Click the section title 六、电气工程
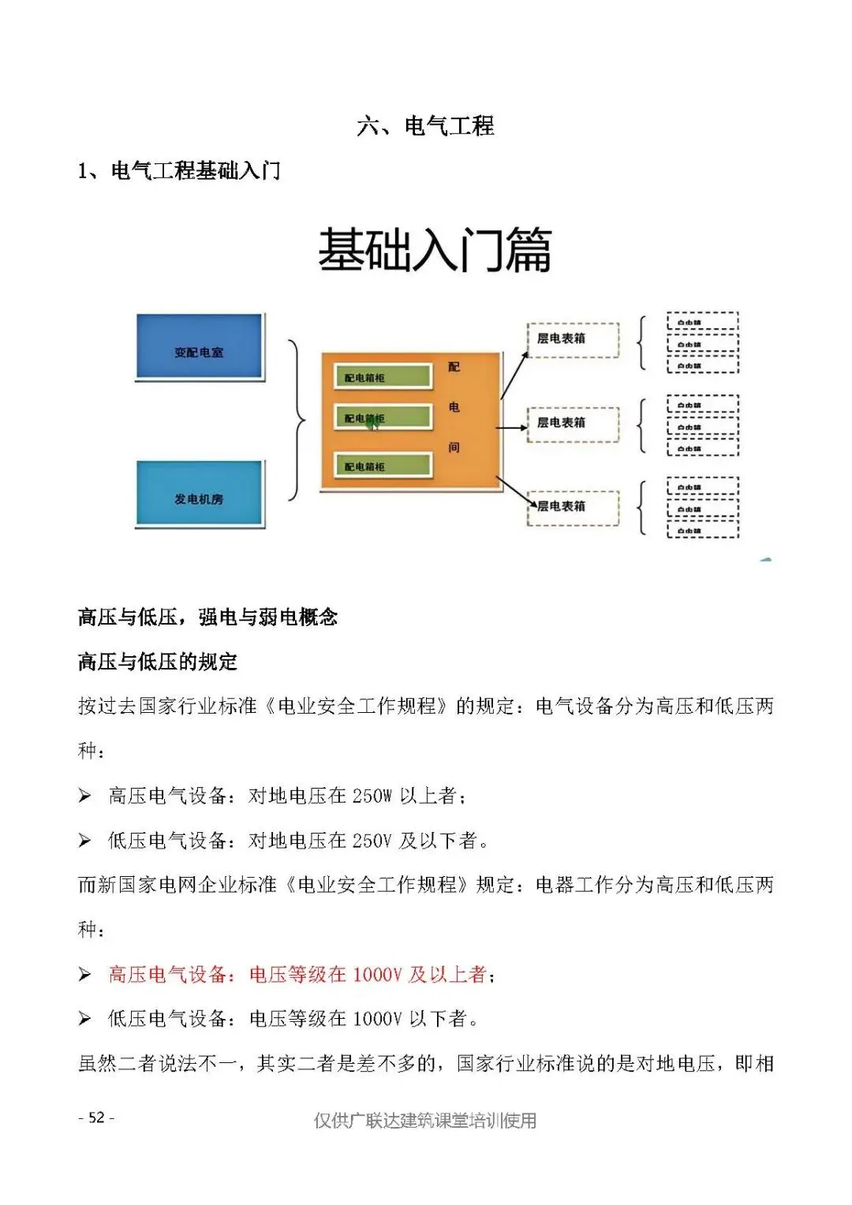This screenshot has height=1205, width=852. click(x=425, y=126)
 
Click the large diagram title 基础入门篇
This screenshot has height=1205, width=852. click(x=434, y=251)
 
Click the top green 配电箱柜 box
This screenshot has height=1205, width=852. click(x=383, y=377)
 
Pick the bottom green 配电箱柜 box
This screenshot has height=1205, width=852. click(x=383, y=465)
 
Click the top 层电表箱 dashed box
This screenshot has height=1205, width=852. click(x=573, y=339)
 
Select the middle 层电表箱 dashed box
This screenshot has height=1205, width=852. click(x=573, y=423)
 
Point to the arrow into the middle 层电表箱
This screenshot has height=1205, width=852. click(x=512, y=427)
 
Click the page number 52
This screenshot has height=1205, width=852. click(x=97, y=1117)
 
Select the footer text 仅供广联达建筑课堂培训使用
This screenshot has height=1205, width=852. click(x=425, y=1121)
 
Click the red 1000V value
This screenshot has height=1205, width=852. click(x=377, y=975)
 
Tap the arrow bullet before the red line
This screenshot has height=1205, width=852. click(x=84, y=976)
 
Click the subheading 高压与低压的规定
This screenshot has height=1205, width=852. click(x=158, y=662)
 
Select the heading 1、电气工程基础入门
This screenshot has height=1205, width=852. click(x=179, y=170)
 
